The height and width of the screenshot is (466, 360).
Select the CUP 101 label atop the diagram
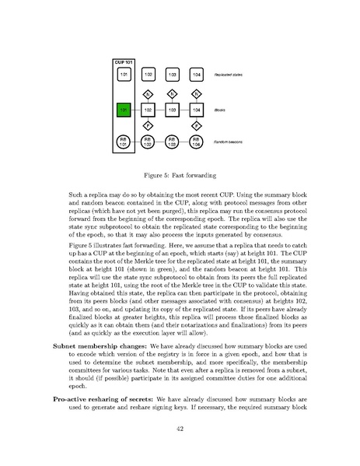tap(124, 60)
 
